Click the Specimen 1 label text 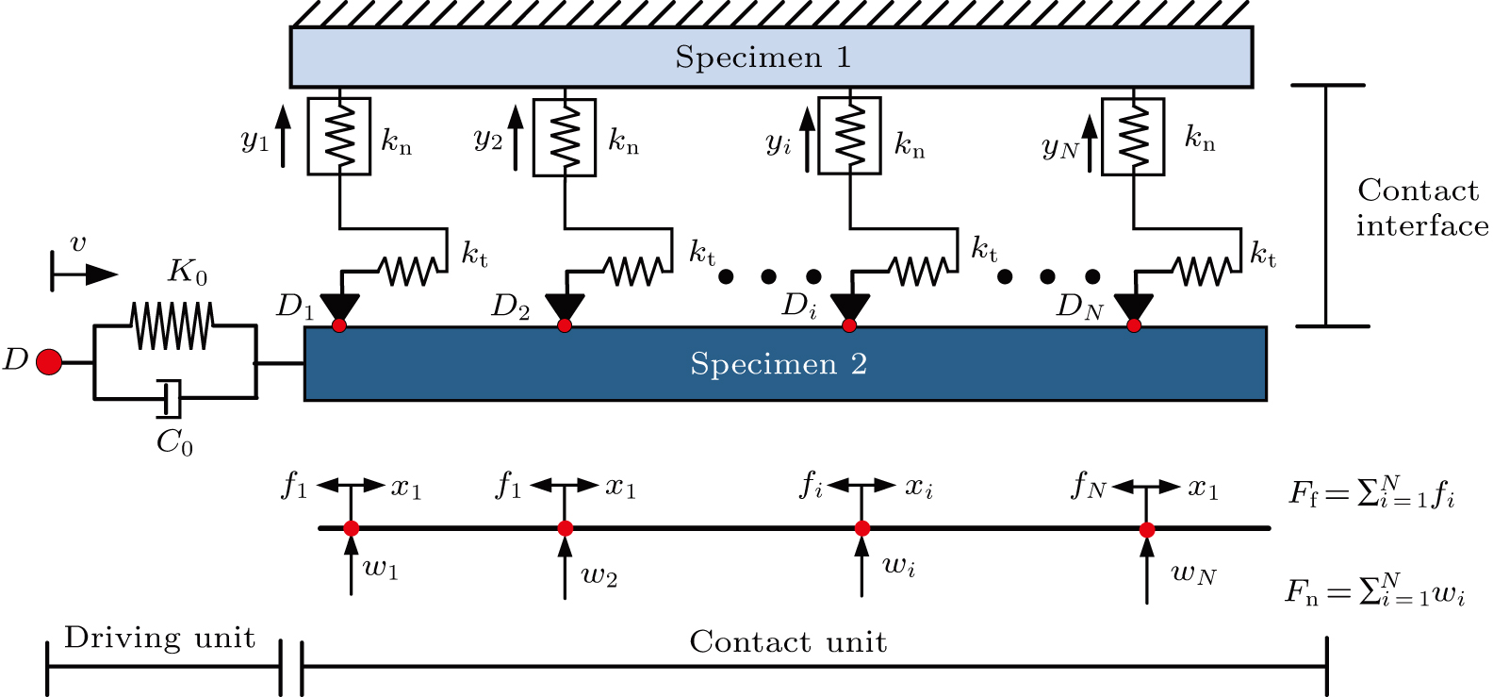(x=763, y=58)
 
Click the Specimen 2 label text (x=778, y=364)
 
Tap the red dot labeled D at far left (x=49, y=361)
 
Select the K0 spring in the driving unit (x=172, y=326)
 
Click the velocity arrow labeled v (x=85, y=274)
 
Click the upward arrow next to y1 (x=283, y=138)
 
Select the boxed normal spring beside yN (x=1133, y=137)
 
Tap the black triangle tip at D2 (x=565, y=309)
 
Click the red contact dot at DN (x=1134, y=325)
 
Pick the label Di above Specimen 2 (x=799, y=306)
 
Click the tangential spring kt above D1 (x=409, y=272)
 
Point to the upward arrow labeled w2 (x=565, y=572)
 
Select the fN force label (x=1088, y=486)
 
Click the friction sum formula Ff (x=1371, y=492)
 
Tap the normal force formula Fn (x=1375, y=591)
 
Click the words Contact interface (x=1420, y=208)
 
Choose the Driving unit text (x=159, y=639)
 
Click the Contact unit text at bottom (x=788, y=642)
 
